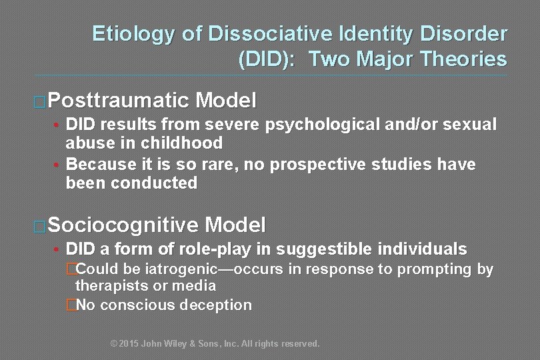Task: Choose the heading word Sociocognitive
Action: point(124,224)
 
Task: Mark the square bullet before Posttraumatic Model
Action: point(40,102)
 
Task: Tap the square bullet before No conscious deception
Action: point(71,306)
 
